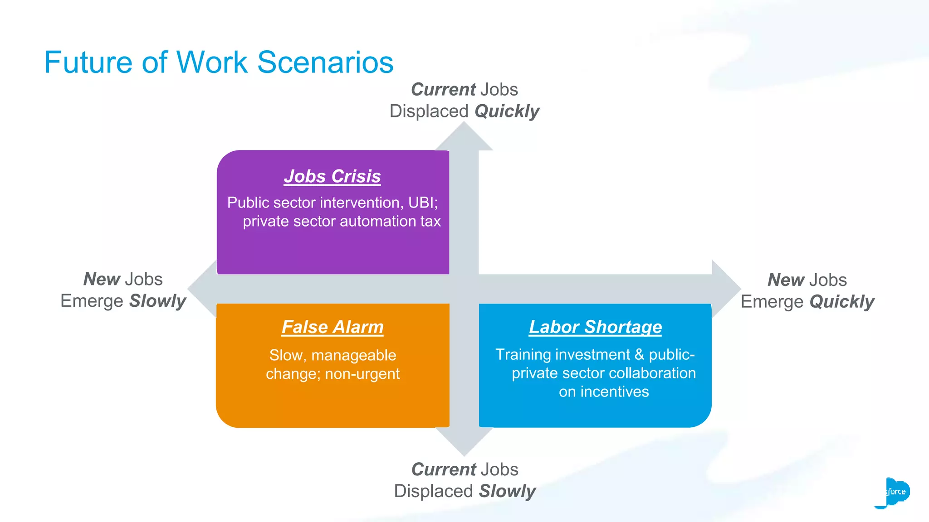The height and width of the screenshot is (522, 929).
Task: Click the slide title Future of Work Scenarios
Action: click(x=219, y=63)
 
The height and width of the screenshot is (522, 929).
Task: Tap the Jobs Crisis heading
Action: click(x=332, y=176)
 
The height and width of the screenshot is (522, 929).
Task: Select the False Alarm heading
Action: click(x=332, y=327)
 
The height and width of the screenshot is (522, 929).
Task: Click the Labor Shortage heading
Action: click(x=595, y=327)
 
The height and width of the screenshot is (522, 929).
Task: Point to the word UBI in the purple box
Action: click(x=421, y=203)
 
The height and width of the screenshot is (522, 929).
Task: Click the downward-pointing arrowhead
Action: click(x=464, y=442)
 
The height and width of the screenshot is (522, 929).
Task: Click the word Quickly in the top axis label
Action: click(x=507, y=111)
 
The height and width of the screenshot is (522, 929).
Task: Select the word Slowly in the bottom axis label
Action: click(x=507, y=491)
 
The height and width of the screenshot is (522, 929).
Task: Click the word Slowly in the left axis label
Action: click(x=157, y=301)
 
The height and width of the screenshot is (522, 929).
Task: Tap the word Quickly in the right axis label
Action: click(x=841, y=302)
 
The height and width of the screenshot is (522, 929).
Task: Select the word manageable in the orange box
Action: click(x=353, y=355)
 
